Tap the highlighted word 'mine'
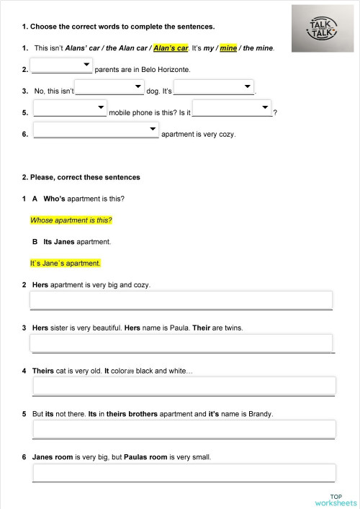tap(228, 48)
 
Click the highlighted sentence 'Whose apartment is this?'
tap(71, 220)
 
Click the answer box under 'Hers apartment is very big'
tap(181, 300)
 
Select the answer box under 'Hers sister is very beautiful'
tap(181, 343)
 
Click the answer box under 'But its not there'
tap(184, 429)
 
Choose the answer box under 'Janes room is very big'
tap(184, 472)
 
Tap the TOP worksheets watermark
tap(336, 499)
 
